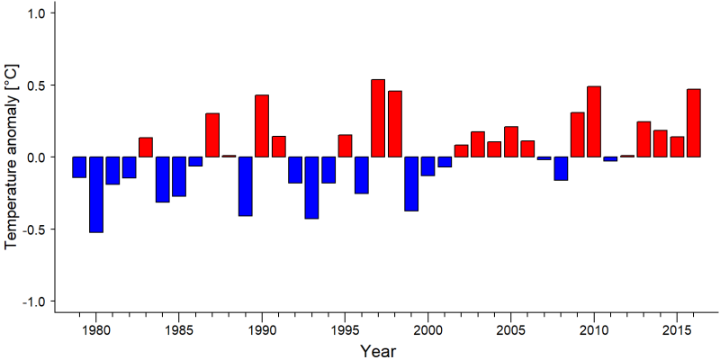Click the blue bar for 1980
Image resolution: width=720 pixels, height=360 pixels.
[x=96, y=194]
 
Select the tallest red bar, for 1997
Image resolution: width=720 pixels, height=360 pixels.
[x=378, y=118]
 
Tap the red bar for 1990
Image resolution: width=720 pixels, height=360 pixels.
[x=262, y=126]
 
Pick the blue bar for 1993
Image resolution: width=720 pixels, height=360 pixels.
[x=311, y=188]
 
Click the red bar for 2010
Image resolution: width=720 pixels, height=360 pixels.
[x=594, y=121]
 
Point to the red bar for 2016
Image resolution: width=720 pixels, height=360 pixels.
[x=693, y=123]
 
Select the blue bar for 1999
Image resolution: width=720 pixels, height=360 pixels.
[x=411, y=184]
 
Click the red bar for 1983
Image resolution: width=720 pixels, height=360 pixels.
[x=146, y=147]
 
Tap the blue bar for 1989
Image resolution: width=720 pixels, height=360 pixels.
[x=245, y=186]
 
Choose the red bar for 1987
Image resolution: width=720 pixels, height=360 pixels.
[x=212, y=135]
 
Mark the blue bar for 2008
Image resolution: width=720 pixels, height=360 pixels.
[x=561, y=168]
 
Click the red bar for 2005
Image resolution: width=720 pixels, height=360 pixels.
[x=511, y=141]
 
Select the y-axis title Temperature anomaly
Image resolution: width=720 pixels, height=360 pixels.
[x=13, y=157]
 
